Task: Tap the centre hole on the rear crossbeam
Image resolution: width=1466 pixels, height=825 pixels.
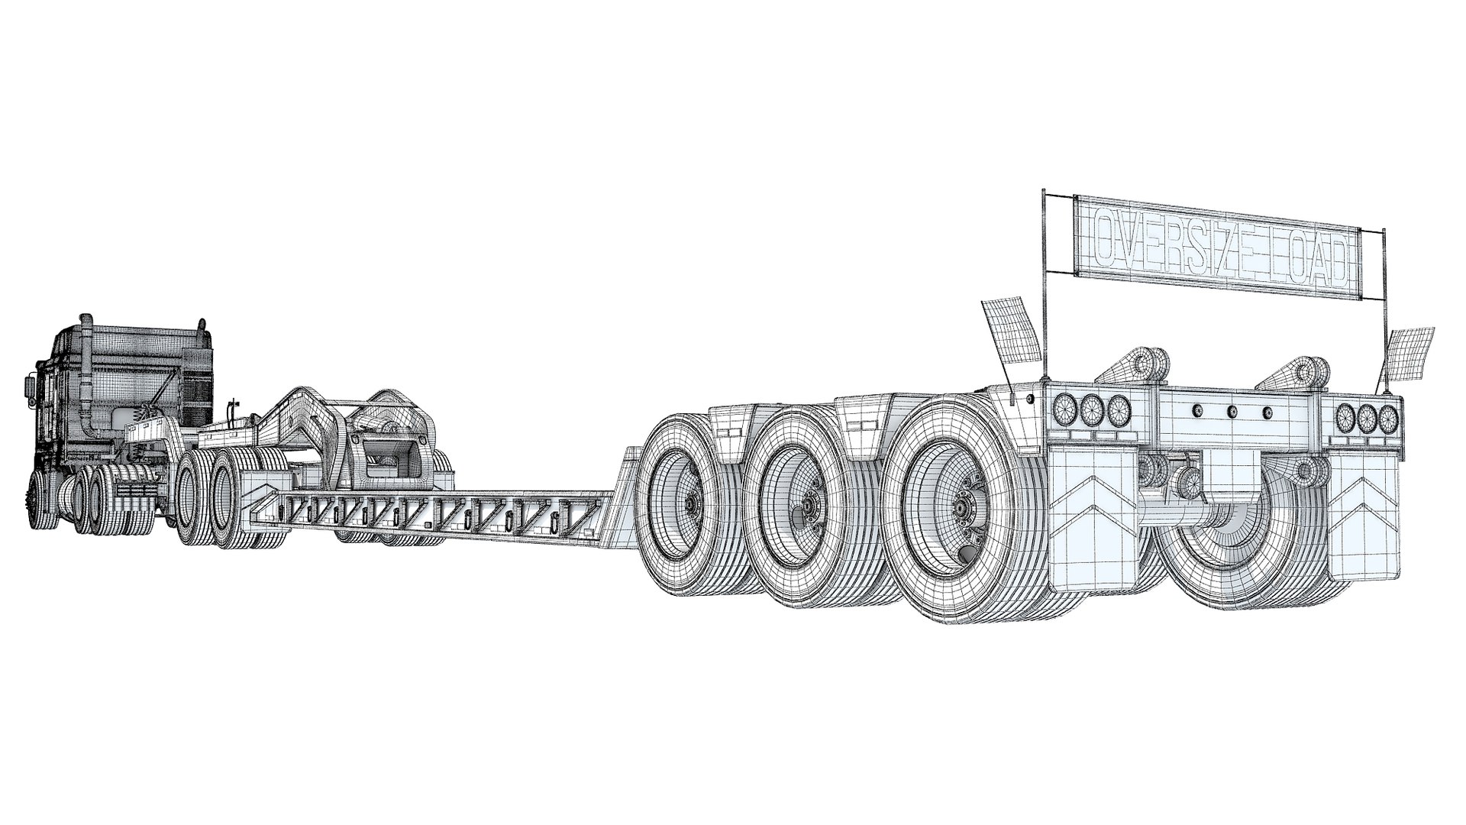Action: click(x=1232, y=412)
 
